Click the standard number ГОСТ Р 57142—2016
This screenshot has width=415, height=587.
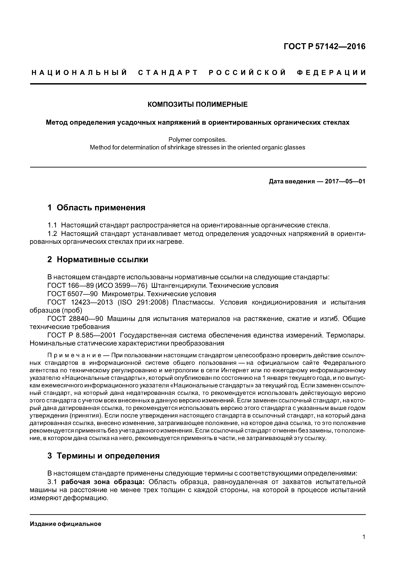click(x=324, y=47)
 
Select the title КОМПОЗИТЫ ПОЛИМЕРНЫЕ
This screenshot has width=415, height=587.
click(x=198, y=105)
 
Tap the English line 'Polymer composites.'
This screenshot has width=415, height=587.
click(x=198, y=140)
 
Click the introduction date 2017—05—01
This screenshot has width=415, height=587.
click(x=345, y=182)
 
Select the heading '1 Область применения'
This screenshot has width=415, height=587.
click(x=96, y=208)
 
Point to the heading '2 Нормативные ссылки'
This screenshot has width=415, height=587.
click(x=98, y=260)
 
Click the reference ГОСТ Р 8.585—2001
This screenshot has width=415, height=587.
click(x=81, y=335)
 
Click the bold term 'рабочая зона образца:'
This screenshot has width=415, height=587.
click(x=103, y=482)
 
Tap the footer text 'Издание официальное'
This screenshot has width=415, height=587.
click(x=65, y=524)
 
